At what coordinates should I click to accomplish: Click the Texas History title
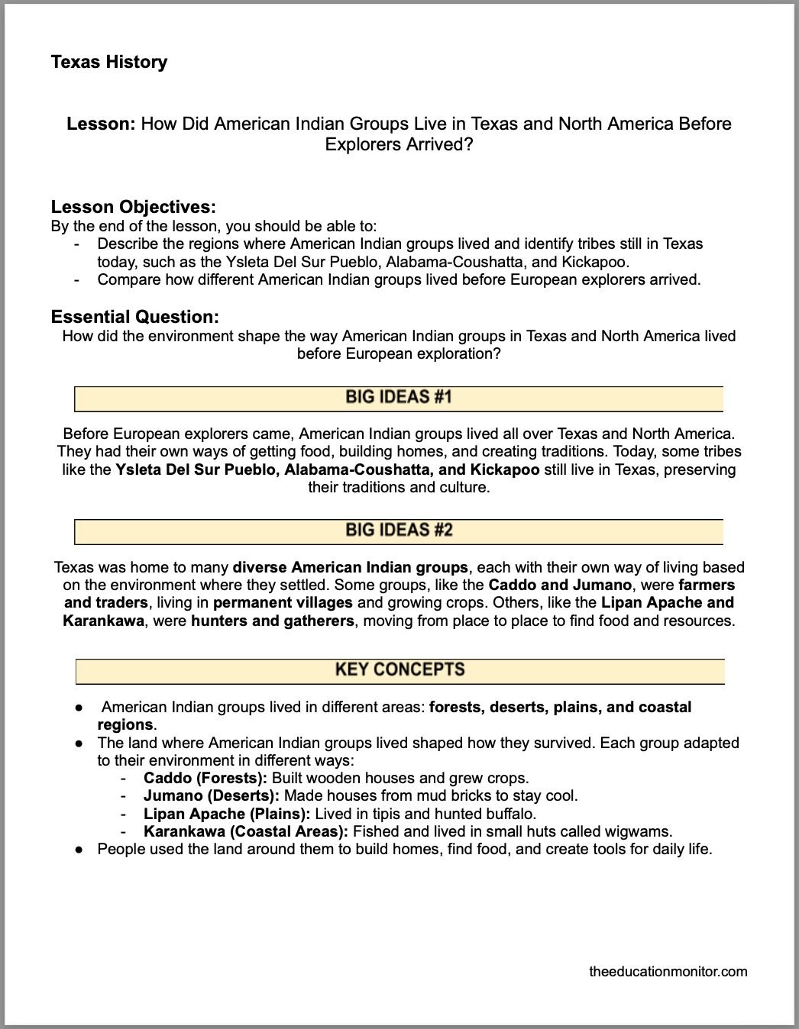pos(108,62)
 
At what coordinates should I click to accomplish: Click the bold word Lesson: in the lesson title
pos(102,124)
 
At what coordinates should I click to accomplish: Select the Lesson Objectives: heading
pos(133,207)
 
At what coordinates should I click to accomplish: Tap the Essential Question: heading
pos(134,317)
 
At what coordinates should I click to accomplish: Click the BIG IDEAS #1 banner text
pos(399,397)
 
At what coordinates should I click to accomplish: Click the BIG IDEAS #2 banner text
pos(399,531)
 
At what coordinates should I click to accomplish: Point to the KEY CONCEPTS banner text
pos(399,670)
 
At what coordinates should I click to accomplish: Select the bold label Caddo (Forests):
pos(205,778)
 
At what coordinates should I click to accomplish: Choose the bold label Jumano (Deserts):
pos(211,795)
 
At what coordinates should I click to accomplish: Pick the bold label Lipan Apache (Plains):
pos(227,814)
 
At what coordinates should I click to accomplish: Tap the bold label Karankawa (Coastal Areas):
pos(245,831)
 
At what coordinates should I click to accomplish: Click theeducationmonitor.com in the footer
pos(668,972)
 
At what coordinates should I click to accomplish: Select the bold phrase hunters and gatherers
pos(273,621)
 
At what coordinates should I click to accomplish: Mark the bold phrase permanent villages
pos(283,603)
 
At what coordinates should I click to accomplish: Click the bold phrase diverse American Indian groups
pos(350,568)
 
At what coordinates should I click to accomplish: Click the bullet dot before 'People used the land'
pos(79,849)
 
